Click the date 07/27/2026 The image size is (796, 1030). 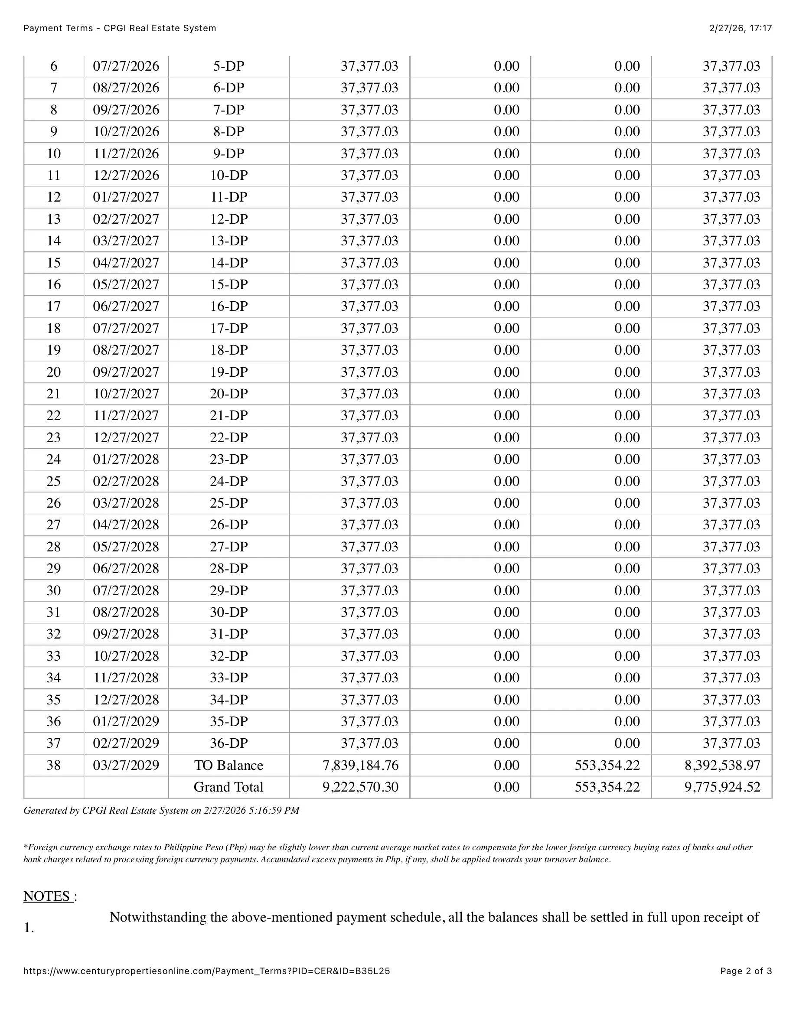point(126,66)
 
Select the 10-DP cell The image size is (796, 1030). point(229,176)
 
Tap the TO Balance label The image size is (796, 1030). point(229,765)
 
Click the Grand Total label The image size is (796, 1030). point(229,787)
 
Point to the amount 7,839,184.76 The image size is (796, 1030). point(361,765)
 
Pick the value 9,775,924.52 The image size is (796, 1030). point(722,787)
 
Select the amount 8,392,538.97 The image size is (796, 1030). point(722,765)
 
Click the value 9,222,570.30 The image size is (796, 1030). point(361,787)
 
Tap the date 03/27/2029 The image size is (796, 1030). point(126,765)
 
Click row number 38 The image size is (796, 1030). point(54,765)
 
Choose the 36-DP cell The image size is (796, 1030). point(229,743)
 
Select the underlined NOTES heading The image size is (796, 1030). point(48,896)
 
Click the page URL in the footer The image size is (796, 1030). point(206,971)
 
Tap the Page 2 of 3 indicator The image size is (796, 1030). point(746,971)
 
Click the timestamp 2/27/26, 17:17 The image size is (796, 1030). point(741,28)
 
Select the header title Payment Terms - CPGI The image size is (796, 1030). point(120,28)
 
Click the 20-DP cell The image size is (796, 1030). point(229,394)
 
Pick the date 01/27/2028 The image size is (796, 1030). point(126,459)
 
